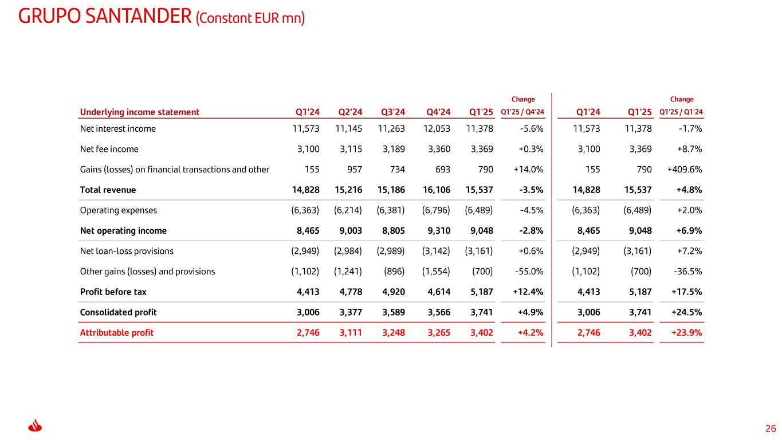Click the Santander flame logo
[x=35, y=425]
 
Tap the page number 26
[x=771, y=429]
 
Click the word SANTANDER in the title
[x=138, y=17]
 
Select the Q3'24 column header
[x=393, y=112]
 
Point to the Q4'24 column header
[x=438, y=112]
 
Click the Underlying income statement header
[x=140, y=112]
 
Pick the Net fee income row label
[x=109, y=149]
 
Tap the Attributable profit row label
[x=117, y=332]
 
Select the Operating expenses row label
[x=119, y=210]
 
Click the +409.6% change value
[x=684, y=170]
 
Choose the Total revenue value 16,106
[x=437, y=190]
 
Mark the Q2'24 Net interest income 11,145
[x=348, y=129]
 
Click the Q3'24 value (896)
[x=394, y=272]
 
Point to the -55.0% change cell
[x=529, y=272]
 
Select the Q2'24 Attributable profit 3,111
[x=351, y=332]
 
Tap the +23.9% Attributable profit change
[x=686, y=332]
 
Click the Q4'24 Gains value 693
[x=443, y=170]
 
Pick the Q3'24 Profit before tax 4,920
[x=394, y=292]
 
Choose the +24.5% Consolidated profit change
[x=686, y=312]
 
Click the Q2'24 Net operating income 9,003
[x=351, y=231]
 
